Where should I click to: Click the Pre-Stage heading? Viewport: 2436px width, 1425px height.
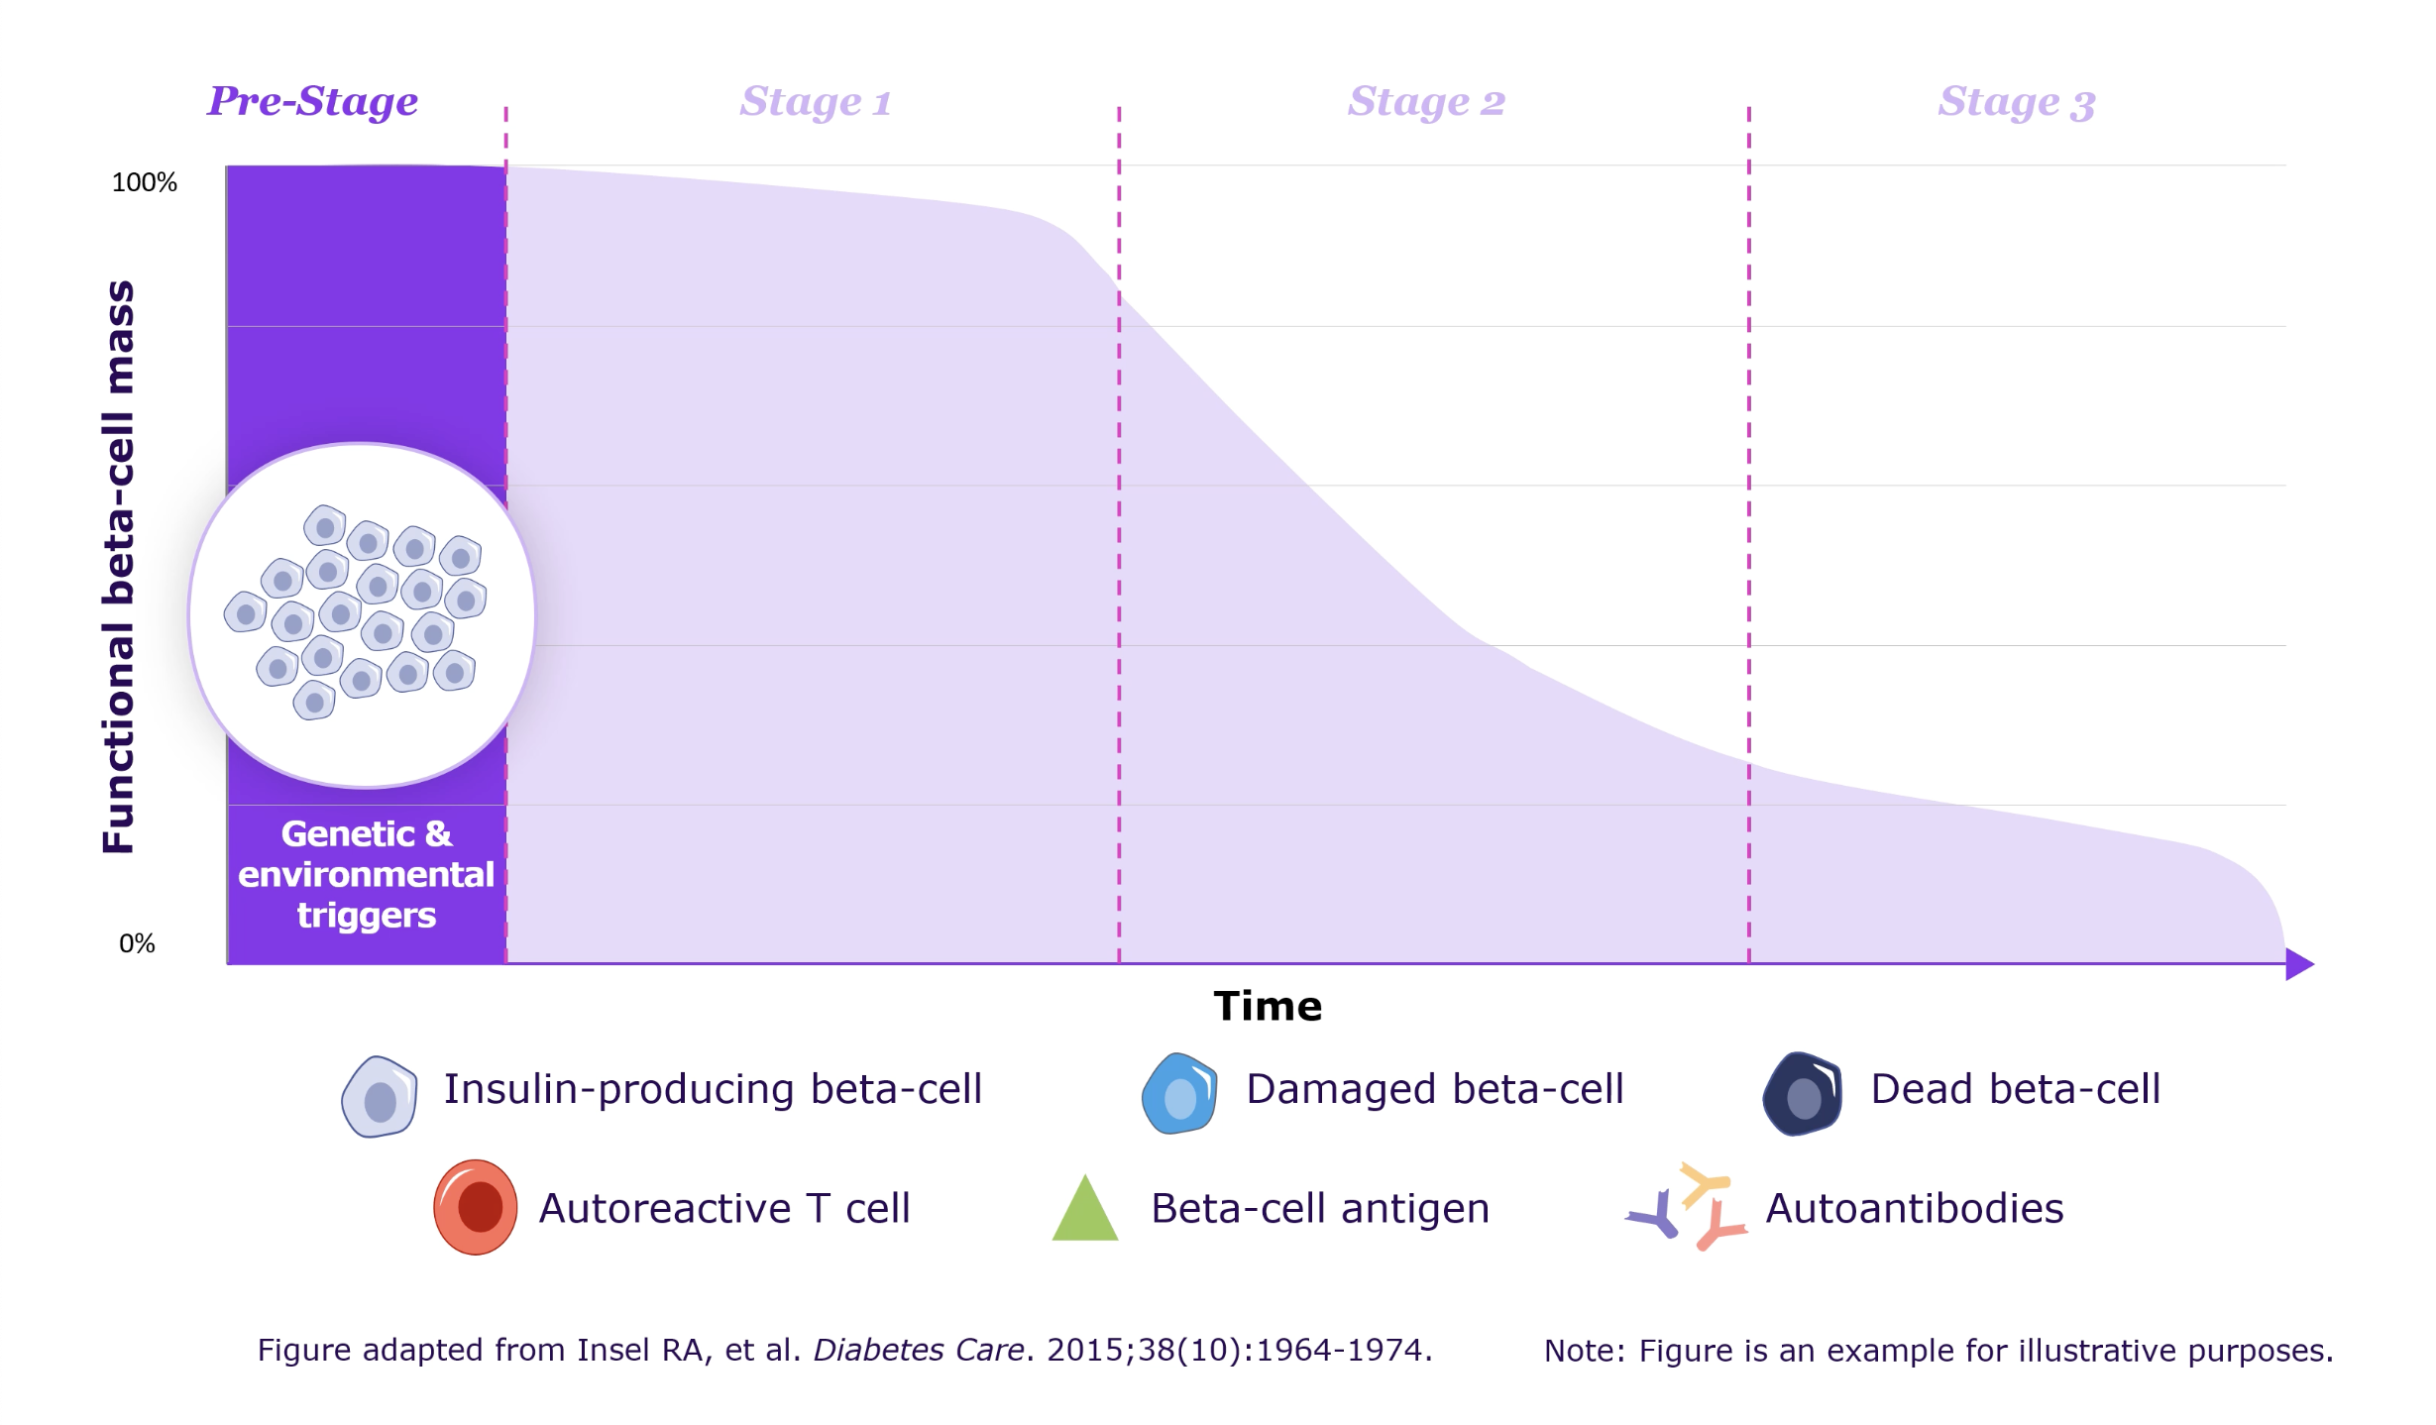click(x=312, y=101)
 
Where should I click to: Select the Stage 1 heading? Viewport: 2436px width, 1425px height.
click(x=815, y=102)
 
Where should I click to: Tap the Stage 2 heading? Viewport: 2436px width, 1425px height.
click(x=1425, y=102)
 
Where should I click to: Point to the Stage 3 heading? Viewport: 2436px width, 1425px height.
click(x=2016, y=102)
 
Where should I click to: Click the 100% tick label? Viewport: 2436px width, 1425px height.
click(x=144, y=182)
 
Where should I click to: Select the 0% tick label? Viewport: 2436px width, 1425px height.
click(x=137, y=943)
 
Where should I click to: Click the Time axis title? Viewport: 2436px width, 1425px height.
click(x=1268, y=1006)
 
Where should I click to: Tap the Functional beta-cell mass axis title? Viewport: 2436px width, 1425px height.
click(x=118, y=567)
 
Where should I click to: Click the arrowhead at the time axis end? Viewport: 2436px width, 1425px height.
click(x=2297, y=963)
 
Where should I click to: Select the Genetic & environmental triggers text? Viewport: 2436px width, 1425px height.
click(x=366, y=874)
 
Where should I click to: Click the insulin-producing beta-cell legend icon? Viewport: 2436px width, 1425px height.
click(x=379, y=1096)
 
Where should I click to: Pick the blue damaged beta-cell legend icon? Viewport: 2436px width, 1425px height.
click(x=1178, y=1094)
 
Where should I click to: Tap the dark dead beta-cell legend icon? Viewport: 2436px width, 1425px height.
click(x=1802, y=1094)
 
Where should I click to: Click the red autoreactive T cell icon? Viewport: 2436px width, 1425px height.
click(x=476, y=1207)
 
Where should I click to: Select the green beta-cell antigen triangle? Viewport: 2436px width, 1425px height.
click(x=1084, y=1210)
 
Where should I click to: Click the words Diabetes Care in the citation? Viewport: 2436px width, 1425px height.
click(x=918, y=1350)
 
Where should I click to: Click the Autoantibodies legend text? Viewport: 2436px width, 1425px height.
click(x=1914, y=1208)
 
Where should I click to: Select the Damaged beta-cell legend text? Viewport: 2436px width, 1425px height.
click(x=1434, y=1089)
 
